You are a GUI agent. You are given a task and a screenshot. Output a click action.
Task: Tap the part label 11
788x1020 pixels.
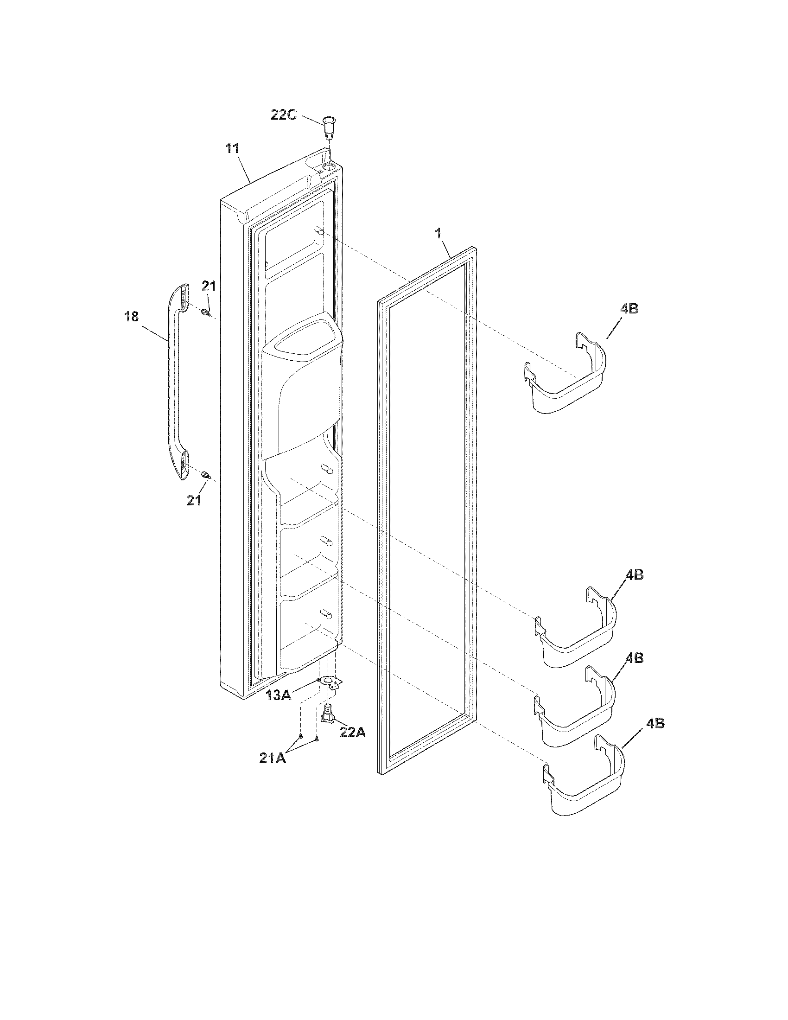[232, 149]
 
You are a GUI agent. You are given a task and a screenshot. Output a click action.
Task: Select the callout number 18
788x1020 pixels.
[132, 317]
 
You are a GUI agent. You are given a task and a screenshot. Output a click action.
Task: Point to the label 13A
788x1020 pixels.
[279, 708]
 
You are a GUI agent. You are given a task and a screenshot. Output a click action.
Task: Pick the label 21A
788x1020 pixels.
[273, 758]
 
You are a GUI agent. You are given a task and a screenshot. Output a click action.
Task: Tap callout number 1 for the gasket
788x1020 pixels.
[438, 234]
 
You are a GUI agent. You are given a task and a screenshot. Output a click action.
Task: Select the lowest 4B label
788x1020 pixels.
[655, 723]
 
